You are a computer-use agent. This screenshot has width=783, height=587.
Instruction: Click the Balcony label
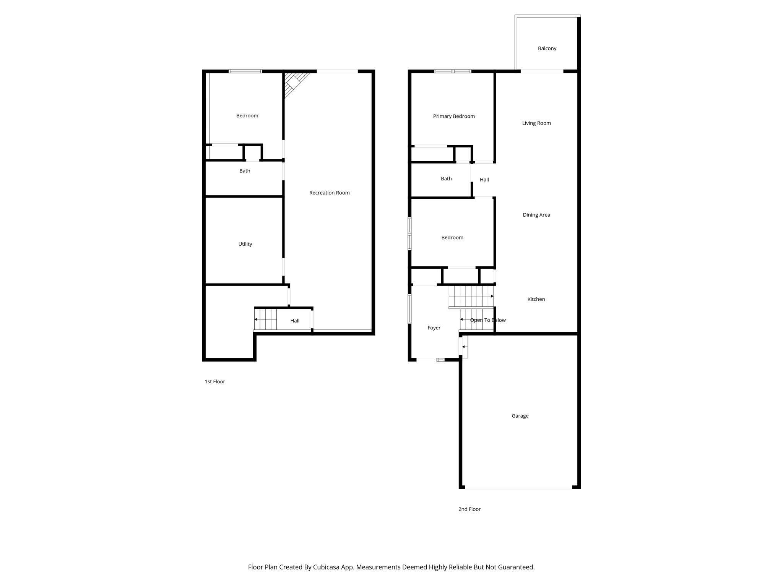pos(547,49)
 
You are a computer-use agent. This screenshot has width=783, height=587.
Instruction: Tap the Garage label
pos(520,416)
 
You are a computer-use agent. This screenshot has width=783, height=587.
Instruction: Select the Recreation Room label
pos(329,193)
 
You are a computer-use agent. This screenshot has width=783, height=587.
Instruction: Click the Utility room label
pos(245,244)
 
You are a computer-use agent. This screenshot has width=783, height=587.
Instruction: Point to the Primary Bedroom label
pos(454,116)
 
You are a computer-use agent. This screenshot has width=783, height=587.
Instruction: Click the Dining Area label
pos(536,215)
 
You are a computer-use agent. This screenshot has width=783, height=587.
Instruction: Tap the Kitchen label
pos(536,299)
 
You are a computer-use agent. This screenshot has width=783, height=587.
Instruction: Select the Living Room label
pos(536,123)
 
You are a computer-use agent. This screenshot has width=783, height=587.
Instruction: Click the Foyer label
pos(434,328)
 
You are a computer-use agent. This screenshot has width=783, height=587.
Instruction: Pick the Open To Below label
pos(488,320)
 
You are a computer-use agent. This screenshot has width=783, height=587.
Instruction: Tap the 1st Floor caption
pos(215,381)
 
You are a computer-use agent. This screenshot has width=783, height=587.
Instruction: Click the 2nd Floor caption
pos(469,509)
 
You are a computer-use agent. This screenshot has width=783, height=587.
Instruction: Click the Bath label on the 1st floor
pos(245,171)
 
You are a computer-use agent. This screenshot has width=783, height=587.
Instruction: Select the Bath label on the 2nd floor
pos(446,178)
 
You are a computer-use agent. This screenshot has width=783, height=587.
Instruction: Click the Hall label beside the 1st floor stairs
pos(294,321)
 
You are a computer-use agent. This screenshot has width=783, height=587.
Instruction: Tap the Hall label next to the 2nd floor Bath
pos(484,180)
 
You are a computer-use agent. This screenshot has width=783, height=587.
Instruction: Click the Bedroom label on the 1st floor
pos(247,115)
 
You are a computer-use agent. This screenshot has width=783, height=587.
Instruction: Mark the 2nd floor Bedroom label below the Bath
pos(452,237)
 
